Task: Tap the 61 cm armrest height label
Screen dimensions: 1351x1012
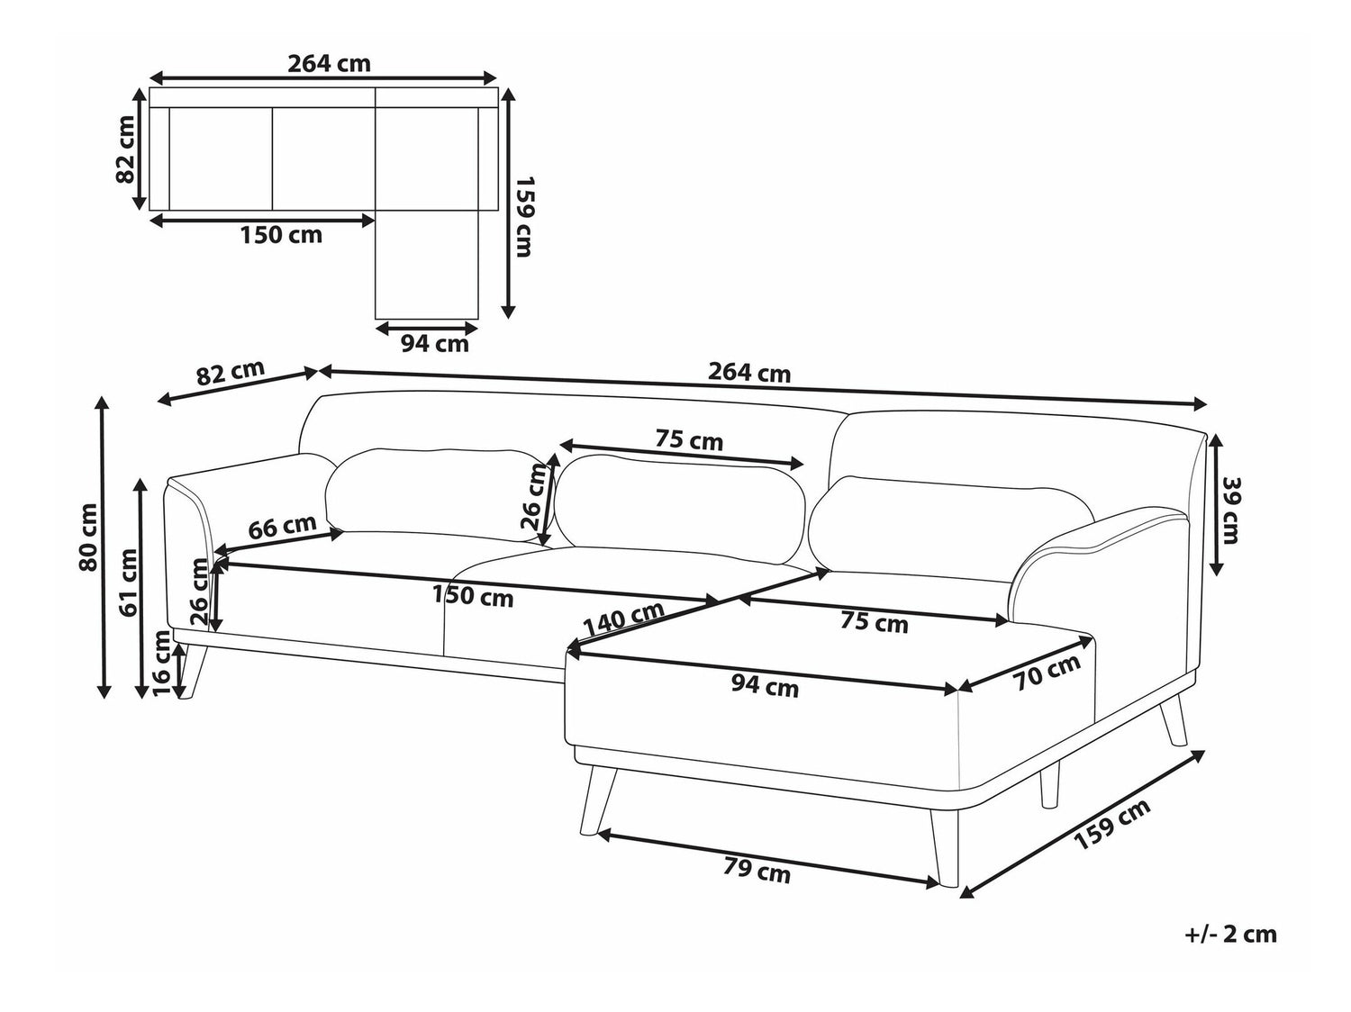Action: (129, 583)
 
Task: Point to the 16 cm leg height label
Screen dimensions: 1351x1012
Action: (161, 664)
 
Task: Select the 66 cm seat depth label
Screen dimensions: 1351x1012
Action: (283, 527)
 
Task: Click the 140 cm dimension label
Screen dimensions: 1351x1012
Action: (623, 619)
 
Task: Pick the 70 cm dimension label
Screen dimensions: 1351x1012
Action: (1047, 672)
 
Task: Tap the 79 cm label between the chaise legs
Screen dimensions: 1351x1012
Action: (757, 872)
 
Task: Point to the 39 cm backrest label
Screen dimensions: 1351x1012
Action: (1227, 511)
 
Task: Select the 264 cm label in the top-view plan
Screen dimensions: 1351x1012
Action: (330, 63)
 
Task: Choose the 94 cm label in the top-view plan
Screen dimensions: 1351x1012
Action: (435, 343)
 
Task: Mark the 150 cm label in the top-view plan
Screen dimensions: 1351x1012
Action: (281, 234)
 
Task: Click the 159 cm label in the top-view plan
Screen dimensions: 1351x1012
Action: (524, 217)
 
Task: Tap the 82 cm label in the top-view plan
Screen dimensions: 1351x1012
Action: (125, 149)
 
